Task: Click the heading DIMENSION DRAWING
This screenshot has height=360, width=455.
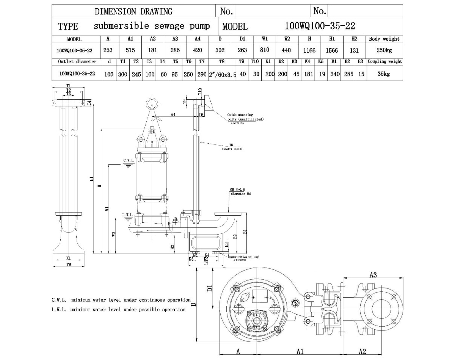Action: click(x=133, y=11)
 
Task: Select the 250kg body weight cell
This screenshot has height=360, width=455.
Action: click(x=384, y=50)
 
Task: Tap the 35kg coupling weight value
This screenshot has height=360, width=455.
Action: click(x=384, y=74)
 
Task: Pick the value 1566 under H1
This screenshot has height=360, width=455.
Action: click(x=332, y=50)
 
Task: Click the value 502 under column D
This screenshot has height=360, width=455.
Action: click(x=220, y=50)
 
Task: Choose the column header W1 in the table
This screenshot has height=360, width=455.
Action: click(x=265, y=39)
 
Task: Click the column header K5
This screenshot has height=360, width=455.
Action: click(x=321, y=61)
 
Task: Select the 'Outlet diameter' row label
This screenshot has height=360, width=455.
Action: click(x=77, y=61)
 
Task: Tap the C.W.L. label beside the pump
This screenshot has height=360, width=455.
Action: click(x=128, y=161)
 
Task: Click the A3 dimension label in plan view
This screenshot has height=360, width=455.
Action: click(x=373, y=275)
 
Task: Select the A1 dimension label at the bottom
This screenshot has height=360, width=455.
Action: click(x=300, y=352)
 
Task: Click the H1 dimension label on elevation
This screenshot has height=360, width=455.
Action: click(x=91, y=179)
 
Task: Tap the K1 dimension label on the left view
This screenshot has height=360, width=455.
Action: click(x=69, y=258)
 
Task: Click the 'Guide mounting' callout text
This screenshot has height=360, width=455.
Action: click(x=240, y=115)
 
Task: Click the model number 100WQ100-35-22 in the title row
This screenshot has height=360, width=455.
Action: click(x=319, y=26)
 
